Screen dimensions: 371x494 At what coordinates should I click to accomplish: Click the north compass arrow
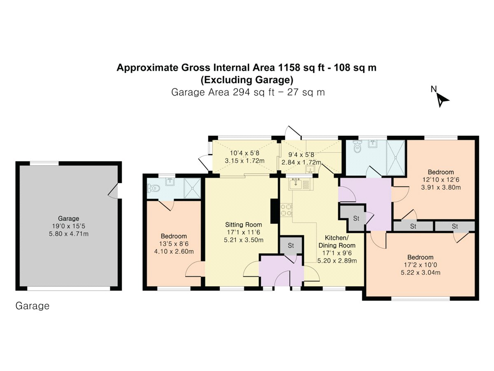pyautogui.click(x=443, y=99)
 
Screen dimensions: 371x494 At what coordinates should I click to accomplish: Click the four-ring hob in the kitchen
pyautogui.click(x=286, y=210)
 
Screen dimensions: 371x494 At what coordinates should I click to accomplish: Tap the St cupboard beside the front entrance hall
pyautogui.click(x=291, y=246)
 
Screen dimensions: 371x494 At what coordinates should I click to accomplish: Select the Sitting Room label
pyautogui.click(x=243, y=225)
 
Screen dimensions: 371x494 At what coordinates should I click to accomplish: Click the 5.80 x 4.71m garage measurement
pyautogui.click(x=68, y=234)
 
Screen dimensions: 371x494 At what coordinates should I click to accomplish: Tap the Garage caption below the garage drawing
pyautogui.click(x=33, y=306)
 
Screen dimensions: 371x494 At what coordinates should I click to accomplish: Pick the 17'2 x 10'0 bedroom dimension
pyautogui.click(x=421, y=265)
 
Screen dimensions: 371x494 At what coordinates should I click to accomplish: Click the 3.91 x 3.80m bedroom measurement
pyautogui.click(x=440, y=187)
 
